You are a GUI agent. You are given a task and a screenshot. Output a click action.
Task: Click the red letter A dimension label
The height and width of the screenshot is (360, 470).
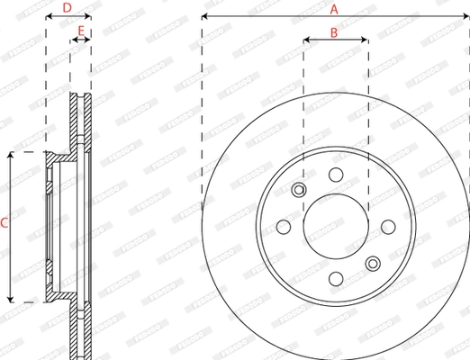(334, 9)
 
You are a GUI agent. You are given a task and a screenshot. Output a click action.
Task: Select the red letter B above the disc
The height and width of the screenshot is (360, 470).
(334, 32)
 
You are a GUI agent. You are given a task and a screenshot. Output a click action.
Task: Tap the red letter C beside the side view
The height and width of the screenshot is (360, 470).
(5, 221)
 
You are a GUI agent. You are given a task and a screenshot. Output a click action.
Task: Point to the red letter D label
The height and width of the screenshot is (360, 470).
(67, 9)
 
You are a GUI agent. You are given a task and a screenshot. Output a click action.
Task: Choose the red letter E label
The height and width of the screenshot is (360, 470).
(80, 32)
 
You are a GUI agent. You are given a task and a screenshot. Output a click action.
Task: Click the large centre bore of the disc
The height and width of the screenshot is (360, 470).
(335, 227)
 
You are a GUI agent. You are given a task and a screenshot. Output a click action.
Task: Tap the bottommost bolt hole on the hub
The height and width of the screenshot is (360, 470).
(335, 280)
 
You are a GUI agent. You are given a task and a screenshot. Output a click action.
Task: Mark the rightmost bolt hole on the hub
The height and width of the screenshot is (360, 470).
(388, 227)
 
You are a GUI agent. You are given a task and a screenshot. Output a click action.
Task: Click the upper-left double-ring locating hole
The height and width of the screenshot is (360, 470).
(298, 190)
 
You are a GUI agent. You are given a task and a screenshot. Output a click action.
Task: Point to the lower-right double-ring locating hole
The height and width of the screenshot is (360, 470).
(373, 264)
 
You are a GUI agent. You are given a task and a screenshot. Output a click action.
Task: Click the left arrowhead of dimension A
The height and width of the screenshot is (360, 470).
(205, 17)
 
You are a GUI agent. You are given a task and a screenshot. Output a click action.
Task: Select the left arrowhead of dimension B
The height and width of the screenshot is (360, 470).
(307, 40)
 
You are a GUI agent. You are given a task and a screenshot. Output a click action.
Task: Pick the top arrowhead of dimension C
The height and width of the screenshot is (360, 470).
(10, 156)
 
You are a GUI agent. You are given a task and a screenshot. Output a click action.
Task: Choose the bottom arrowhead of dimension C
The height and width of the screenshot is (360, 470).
(10, 298)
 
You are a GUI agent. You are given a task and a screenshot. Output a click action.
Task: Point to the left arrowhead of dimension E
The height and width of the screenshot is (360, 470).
(74, 40)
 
